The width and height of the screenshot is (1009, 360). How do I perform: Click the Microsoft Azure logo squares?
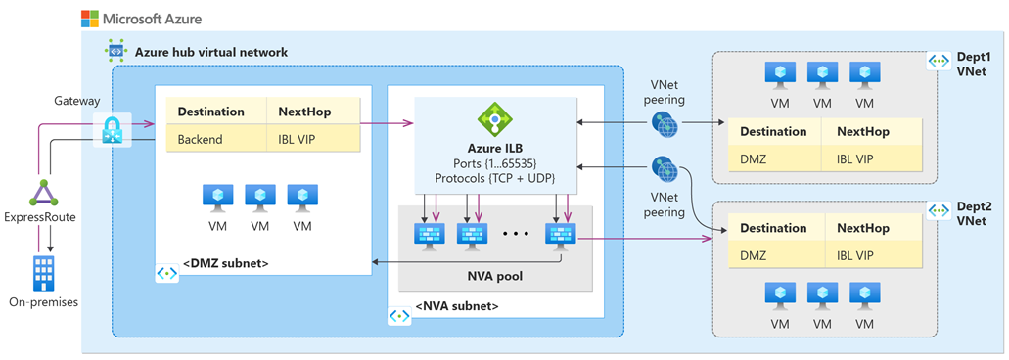click(x=89, y=19)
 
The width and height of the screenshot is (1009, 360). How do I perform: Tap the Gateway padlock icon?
click(x=111, y=130)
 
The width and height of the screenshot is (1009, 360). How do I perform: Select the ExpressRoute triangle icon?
click(x=42, y=193)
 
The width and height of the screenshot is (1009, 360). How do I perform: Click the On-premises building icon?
click(x=43, y=273)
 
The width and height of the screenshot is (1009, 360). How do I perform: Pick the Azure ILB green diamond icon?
click(x=494, y=120)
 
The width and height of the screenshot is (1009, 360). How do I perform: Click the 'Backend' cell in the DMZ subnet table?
click(x=200, y=139)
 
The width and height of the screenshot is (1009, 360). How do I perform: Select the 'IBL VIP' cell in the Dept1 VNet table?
click(x=863, y=158)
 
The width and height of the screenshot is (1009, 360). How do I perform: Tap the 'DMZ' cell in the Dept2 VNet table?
click(x=754, y=255)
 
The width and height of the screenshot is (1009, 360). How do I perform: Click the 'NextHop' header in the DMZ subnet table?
click(x=304, y=112)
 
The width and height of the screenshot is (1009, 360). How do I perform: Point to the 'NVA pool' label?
click(x=494, y=276)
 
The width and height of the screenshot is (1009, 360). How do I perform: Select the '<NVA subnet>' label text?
click(x=456, y=306)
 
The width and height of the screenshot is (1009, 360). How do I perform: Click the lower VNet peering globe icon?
click(x=665, y=170)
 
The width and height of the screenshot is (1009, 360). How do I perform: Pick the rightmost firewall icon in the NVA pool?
click(x=560, y=236)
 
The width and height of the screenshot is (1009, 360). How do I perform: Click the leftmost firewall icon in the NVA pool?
click(x=430, y=236)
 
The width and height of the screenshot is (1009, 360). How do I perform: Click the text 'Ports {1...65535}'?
click(x=494, y=162)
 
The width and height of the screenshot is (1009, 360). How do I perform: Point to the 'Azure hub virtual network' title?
click(x=210, y=51)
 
